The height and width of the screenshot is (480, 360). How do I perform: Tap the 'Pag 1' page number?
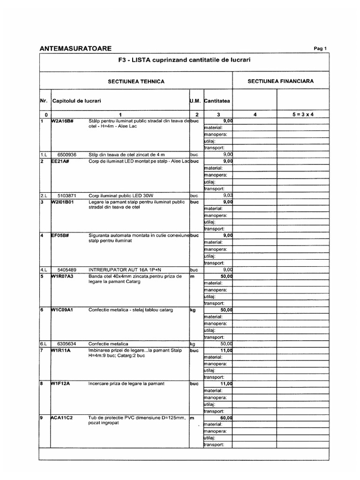(320, 49)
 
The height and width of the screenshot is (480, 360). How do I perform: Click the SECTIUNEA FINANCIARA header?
(281, 81)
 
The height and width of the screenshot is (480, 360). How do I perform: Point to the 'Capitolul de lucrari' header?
(77, 101)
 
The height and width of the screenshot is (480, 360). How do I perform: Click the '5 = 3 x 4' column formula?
(300, 115)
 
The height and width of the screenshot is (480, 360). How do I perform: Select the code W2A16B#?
(62, 121)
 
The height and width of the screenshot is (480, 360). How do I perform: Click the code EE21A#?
(60, 161)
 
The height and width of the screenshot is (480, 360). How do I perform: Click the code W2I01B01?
(63, 202)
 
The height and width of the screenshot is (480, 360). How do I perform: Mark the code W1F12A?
(61, 383)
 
